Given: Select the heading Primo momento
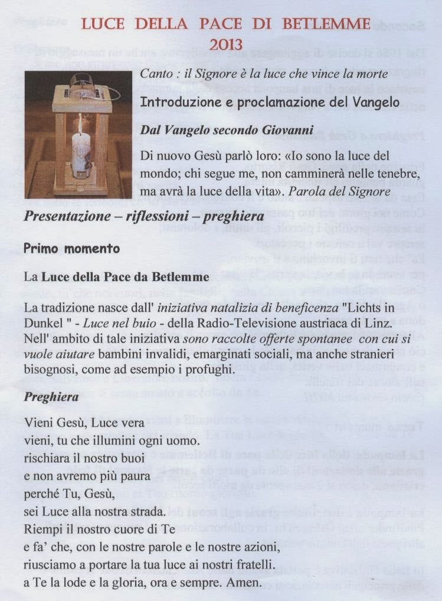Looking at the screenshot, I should [72, 249].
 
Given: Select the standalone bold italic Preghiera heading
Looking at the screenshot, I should [51, 397].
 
